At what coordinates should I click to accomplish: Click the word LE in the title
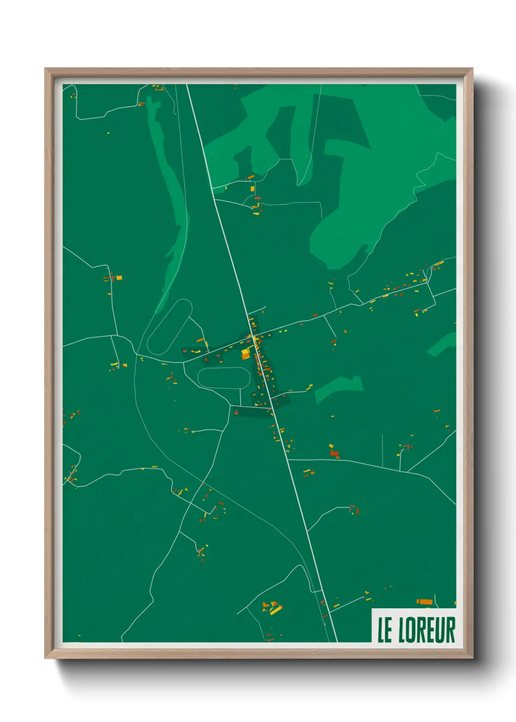(x=385, y=630)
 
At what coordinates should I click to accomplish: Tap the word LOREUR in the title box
(x=427, y=630)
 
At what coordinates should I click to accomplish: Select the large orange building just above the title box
(x=425, y=602)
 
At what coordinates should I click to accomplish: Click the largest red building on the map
(x=334, y=454)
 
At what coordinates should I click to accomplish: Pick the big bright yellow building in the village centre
(x=245, y=354)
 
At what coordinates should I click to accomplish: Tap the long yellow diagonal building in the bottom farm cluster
(x=276, y=610)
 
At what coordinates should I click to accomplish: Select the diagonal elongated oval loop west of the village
(x=169, y=327)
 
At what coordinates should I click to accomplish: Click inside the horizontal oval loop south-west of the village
(x=224, y=378)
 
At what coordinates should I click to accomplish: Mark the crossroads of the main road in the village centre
(x=252, y=336)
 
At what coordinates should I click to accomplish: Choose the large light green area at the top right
(x=371, y=161)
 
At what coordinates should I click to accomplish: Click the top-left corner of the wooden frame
(x=45, y=69)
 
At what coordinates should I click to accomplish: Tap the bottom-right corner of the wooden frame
(x=472, y=658)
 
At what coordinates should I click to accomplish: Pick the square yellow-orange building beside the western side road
(x=119, y=278)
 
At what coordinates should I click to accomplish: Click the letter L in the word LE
(x=381, y=630)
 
